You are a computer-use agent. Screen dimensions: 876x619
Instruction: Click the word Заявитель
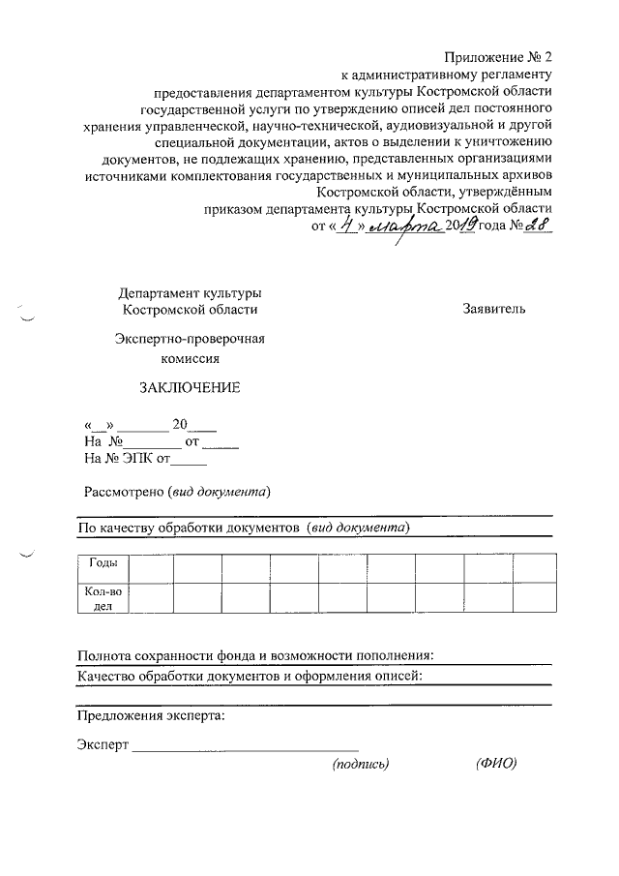[x=494, y=309]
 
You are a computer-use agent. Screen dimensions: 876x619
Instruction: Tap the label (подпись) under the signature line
[x=360, y=765]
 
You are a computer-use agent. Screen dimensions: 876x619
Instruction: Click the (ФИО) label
[x=496, y=765]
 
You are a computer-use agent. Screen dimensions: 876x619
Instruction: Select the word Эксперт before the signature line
[x=102, y=745]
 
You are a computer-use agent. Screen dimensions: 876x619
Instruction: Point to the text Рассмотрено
[x=123, y=491]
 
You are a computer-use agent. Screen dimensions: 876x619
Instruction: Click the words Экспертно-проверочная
[x=190, y=339]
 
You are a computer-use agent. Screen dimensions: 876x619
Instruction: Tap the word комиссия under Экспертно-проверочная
[x=190, y=357]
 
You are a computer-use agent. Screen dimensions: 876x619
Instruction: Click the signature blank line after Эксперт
[x=245, y=747]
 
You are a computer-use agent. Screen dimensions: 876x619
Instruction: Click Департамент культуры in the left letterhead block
[x=190, y=292]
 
